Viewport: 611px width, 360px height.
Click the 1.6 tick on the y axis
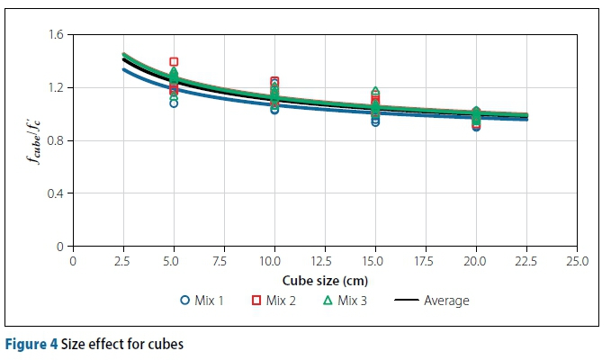[x=56, y=35]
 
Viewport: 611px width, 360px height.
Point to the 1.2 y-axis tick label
[x=56, y=88]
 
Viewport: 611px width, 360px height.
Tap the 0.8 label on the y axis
[x=56, y=140]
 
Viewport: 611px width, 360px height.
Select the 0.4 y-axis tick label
[x=56, y=193]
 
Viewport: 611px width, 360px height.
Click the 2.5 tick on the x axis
[x=123, y=261]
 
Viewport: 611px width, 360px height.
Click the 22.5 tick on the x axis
[x=526, y=261]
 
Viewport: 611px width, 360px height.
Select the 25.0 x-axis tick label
[x=576, y=261]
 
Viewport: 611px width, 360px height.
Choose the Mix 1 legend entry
[x=202, y=301]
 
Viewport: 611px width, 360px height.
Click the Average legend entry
[x=434, y=301]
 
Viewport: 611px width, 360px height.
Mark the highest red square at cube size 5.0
[x=174, y=62]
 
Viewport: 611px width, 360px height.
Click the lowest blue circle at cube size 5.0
[x=174, y=103]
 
